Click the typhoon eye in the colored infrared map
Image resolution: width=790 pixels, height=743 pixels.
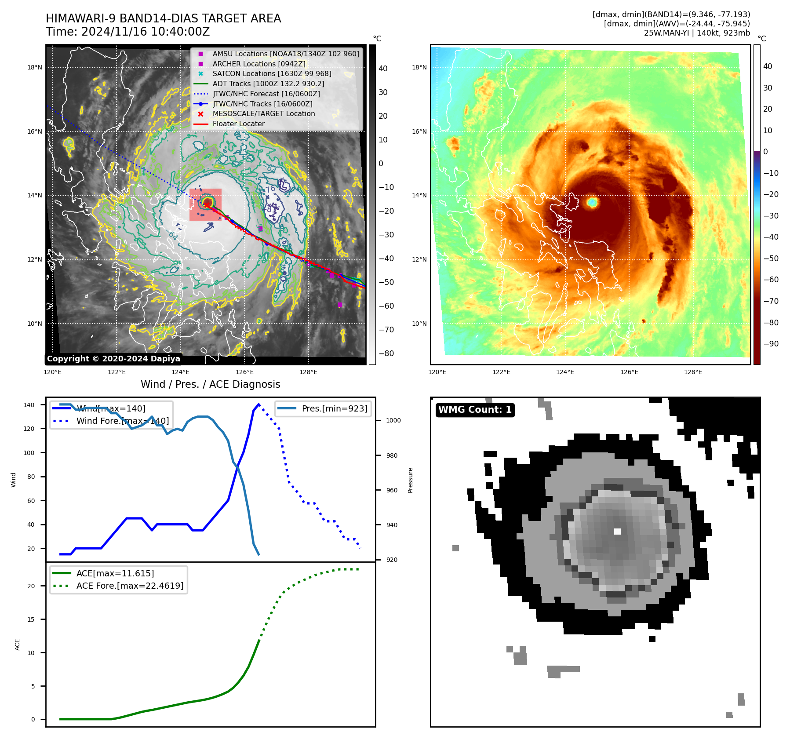click(x=592, y=202)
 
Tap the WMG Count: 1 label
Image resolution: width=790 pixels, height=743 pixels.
click(x=475, y=410)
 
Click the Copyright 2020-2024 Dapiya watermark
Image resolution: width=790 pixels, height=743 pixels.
click(x=113, y=359)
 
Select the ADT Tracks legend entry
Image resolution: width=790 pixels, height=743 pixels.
click(x=268, y=84)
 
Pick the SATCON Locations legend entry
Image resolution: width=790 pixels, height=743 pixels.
click(x=272, y=74)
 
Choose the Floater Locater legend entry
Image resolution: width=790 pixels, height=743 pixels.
click(x=238, y=124)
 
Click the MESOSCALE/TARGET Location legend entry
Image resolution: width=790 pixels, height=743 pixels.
click(x=264, y=114)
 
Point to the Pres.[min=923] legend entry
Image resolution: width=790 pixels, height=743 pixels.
click(x=334, y=408)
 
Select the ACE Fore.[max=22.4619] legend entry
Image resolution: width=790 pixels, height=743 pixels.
click(x=130, y=586)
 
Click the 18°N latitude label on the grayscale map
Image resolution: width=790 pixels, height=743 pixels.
click(x=35, y=68)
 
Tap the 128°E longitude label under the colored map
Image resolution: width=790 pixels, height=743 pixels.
click(x=693, y=372)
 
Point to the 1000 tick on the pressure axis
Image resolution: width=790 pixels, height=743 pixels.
click(x=393, y=421)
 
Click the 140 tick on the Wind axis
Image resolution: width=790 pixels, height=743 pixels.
click(x=29, y=405)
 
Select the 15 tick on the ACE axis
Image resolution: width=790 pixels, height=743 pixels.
click(x=31, y=619)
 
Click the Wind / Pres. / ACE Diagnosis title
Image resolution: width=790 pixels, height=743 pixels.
click(x=210, y=385)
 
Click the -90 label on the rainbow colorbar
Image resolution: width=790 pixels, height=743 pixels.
click(x=771, y=344)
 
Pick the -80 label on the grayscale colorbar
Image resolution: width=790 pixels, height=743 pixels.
click(x=386, y=353)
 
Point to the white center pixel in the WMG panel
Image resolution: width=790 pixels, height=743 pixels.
click(x=617, y=532)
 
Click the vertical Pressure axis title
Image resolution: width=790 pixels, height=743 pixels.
click(x=410, y=480)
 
